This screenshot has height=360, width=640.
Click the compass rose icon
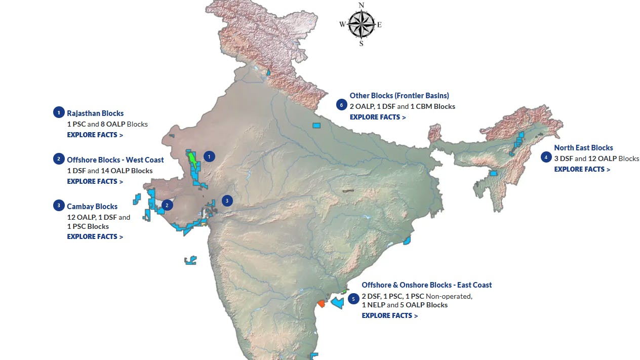(x=361, y=24)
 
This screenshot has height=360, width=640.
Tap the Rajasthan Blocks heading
(x=95, y=113)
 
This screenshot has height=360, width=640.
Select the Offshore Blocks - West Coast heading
(x=115, y=160)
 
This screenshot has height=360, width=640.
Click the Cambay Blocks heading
(x=92, y=207)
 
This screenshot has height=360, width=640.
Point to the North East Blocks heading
(x=583, y=148)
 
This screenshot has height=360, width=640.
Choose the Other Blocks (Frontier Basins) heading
(x=399, y=96)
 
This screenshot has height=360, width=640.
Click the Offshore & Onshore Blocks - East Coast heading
(x=426, y=285)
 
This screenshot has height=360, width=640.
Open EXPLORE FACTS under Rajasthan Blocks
(x=95, y=135)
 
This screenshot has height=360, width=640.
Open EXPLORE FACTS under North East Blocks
(x=582, y=169)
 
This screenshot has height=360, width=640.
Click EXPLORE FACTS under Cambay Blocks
(x=95, y=236)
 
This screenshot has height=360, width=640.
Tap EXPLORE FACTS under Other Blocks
(x=378, y=117)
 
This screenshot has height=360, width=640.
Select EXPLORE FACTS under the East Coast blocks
(x=389, y=315)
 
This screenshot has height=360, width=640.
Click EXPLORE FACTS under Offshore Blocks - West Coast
(x=95, y=181)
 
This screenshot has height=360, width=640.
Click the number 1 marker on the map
(x=209, y=156)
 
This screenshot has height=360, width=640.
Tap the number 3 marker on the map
(x=227, y=201)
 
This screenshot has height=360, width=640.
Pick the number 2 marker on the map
(x=168, y=205)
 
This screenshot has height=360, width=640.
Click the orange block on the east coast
(x=321, y=304)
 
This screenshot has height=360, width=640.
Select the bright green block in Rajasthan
(x=192, y=160)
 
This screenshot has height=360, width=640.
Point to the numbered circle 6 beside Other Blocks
(x=342, y=105)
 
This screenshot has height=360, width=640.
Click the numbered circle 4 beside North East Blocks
(x=546, y=157)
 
